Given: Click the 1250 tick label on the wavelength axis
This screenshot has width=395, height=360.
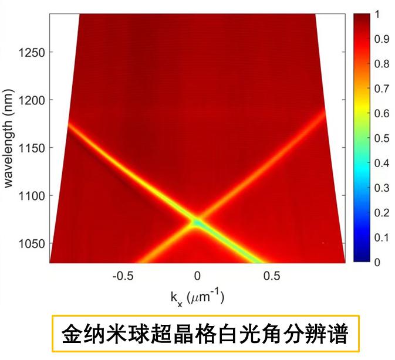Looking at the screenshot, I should click(x=28, y=52).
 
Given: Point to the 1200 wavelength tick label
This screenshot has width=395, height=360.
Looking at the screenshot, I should click(x=28, y=100).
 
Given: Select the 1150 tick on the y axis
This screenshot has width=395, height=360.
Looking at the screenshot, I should click(x=28, y=148).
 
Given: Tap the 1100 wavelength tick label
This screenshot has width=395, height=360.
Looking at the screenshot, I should click(x=28, y=196).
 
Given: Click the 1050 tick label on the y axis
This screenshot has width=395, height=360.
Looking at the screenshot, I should click(x=28, y=244).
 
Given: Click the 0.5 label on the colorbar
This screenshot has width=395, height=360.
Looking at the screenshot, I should click(x=381, y=138).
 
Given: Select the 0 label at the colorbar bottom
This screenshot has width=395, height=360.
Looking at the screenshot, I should click(x=377, y=262).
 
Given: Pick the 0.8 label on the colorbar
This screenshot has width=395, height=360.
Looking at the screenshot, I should click(x=381, y=64).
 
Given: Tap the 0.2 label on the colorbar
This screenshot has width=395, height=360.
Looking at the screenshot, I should click(x=381, y=212).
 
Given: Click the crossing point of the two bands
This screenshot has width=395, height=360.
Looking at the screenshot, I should click(x=197, y=222).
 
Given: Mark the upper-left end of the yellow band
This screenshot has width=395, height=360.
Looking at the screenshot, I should click(x=69, y=124).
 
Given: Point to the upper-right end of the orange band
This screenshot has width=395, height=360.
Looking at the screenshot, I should click(x=325, y=109).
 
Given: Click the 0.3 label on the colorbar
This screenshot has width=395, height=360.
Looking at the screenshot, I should click(x=381, y=188).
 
